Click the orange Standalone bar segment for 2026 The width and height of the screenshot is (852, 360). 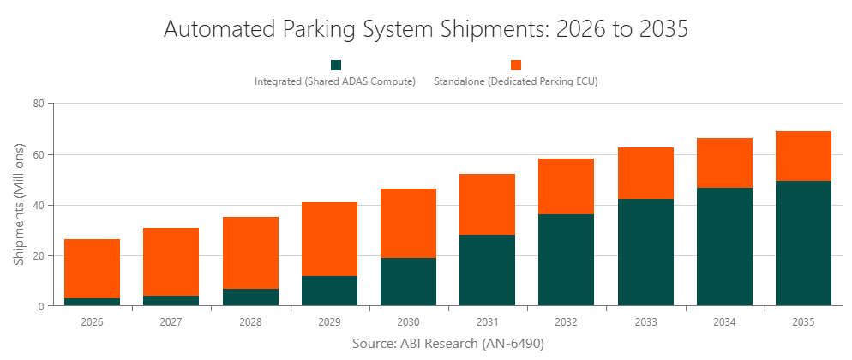click(x=92, y=268)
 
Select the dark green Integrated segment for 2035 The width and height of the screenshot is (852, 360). click(x=803, y=243)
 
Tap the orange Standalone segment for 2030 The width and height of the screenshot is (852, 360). click(x=408, y=223)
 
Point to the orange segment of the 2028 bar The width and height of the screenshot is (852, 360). click(x=250, y=253)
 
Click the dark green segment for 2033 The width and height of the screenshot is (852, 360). click(x=645, y=252)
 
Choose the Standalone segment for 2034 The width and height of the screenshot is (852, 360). click(x=724, y=163)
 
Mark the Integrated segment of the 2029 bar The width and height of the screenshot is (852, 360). click(x=329, y=291)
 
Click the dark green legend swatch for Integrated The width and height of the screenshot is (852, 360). click(x=336, y=65)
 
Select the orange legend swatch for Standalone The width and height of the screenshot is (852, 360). click(x=516, y=65)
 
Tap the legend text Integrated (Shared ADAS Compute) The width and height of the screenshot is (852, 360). click(x=335, y=82)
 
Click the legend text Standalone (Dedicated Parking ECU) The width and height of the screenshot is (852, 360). click(x=515, y=82)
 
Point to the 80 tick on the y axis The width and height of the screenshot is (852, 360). click(x=38, y=104)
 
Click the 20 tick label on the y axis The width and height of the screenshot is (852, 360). click(x=38, y=255)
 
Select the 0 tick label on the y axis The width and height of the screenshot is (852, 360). click(x=40, y=306)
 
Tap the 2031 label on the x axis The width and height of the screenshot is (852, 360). click(x=487, y=322)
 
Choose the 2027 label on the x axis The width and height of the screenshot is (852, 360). click(x=171, y=322)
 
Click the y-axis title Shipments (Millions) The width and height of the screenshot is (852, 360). click(x=18, y=205)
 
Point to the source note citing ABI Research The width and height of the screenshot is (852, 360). click(x=448, y=343)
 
